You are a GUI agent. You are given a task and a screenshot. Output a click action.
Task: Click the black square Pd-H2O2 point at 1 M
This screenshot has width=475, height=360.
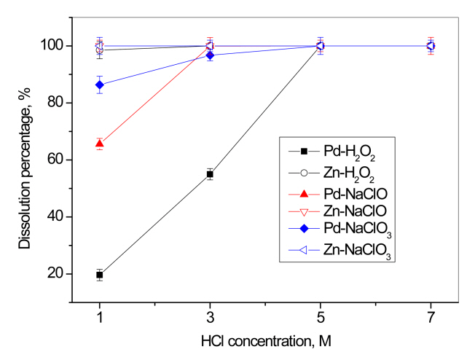pyautogui.click(x=100, y=275)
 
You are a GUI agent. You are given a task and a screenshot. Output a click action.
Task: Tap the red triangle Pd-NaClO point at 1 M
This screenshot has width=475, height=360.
pyautogui.click(x=100, y=144)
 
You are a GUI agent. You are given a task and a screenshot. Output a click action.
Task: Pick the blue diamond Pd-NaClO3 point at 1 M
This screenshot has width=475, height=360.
pyautogui.click(x=100, y=85)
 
